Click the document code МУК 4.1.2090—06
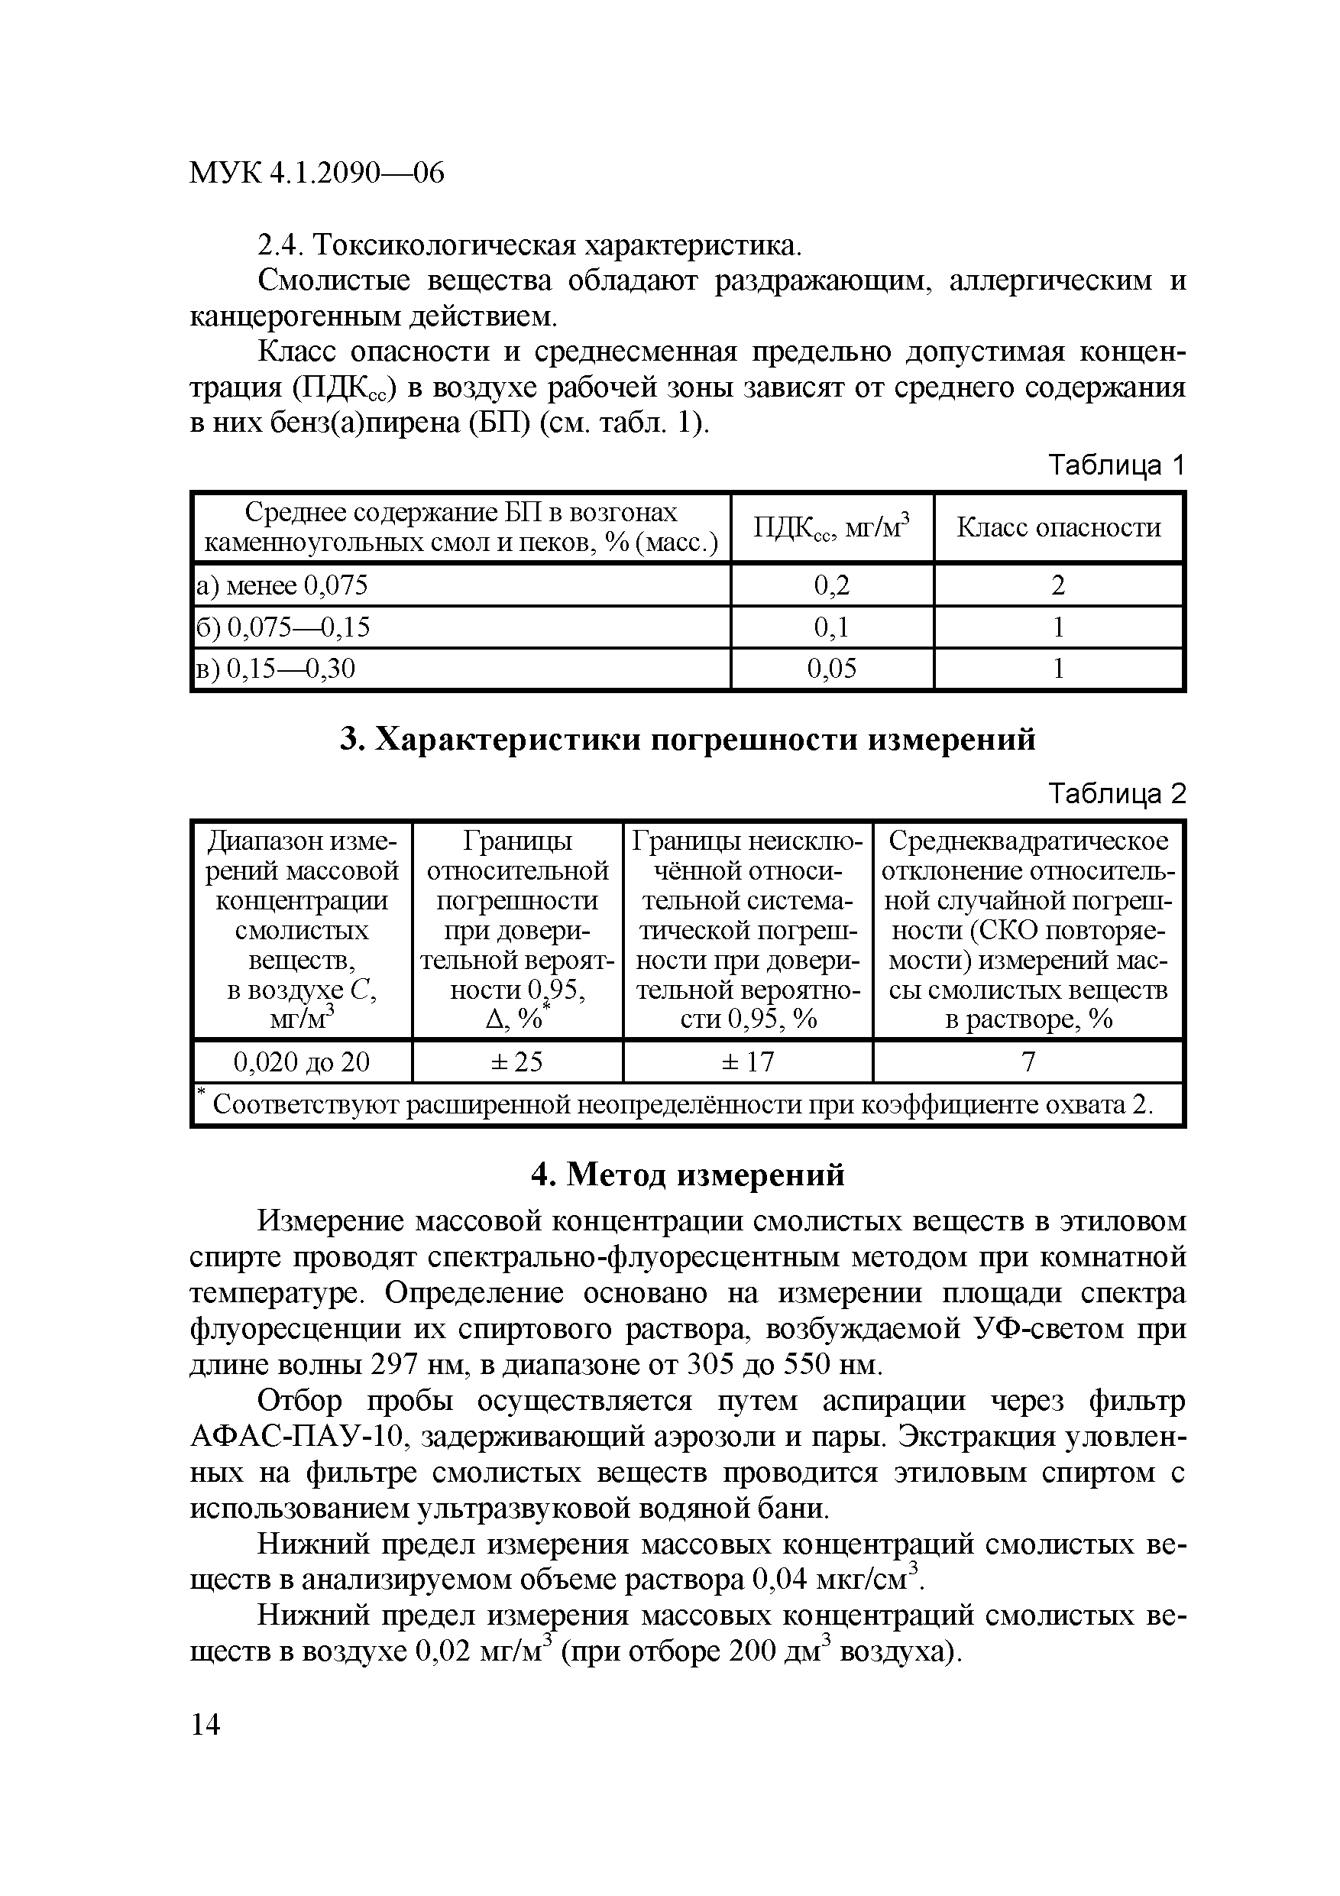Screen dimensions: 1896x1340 click(x=316, y=173)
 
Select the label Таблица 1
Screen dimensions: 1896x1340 click(x=1116, y=467)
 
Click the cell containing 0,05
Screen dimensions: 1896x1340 click(x=831, y=668)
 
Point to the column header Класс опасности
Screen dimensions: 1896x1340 click(x=1058, y=527)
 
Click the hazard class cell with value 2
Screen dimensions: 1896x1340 click(x=1057, y=585)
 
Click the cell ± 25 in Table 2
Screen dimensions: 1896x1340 click(x=517, y=1061)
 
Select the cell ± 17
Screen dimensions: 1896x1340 click(x=747, y=1061)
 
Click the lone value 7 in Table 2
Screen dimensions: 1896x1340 click(x=1028, y=1061)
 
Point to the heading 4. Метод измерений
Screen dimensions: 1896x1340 click(x=688, y=1175)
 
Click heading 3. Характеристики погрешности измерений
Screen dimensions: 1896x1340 click(x=688, y=739)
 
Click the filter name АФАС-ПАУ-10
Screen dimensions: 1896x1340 click(x=296, y=1437)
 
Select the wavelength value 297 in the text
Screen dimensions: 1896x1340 click(x=396, y=1365)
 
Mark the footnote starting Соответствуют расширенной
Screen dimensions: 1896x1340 click(x=682, y=1105)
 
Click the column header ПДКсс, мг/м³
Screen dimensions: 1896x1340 click(x=831, y=527)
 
